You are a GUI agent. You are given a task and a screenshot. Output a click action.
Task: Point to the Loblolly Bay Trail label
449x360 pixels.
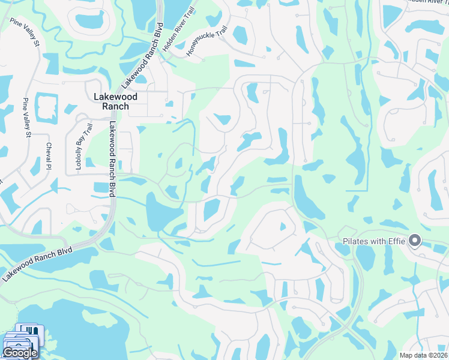point(79,147)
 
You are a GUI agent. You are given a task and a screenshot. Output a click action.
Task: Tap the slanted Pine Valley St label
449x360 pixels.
point(24,32)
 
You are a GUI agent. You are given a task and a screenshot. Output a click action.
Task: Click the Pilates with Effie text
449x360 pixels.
point(374,242)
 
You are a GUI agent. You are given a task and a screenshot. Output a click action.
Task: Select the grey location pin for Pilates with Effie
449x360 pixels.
point(414,241)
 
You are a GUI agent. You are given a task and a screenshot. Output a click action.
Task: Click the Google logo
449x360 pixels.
point(20,353)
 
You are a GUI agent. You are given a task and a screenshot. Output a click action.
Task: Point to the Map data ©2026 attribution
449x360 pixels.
point(423,355)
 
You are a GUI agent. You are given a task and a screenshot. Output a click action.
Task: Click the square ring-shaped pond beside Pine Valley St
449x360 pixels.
point(45,106)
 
